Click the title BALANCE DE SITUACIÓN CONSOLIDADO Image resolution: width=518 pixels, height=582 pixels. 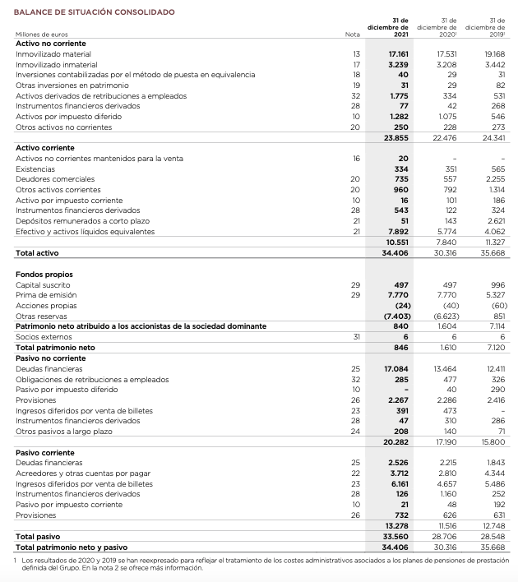(83, 12)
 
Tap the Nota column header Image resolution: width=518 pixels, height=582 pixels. (354, 35)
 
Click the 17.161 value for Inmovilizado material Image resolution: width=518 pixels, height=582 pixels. (398, 53)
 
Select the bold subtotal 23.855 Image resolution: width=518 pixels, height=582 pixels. (397, 137)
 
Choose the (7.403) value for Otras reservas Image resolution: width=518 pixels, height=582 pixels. (396, 316)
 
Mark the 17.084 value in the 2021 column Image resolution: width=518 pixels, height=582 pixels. (397, 369)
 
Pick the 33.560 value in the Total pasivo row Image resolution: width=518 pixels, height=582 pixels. (396, 535)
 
